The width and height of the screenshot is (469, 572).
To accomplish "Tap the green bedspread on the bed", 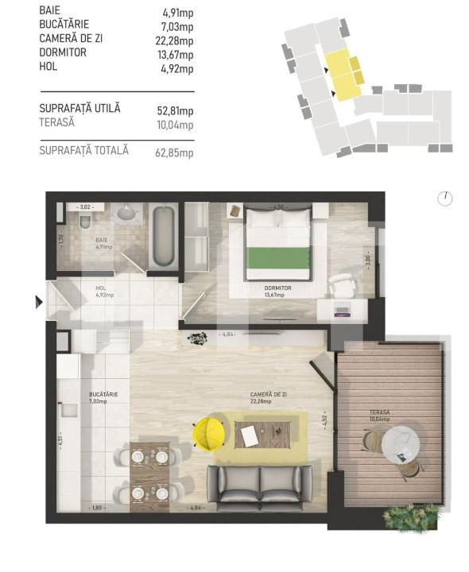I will [x=277, y=258].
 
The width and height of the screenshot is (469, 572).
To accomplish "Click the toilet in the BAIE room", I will [x=86, y=218].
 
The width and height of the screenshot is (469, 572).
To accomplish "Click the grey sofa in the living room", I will [x=259, y=484].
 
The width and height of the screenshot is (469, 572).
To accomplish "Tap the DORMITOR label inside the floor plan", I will [x=277, y=288].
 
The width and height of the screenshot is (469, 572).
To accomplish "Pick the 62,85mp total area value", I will [x=175, y=152].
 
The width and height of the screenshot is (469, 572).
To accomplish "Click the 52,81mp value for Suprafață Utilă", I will [x=175, y=110].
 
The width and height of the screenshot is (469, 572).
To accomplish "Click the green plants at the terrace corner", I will [x=410, y=516].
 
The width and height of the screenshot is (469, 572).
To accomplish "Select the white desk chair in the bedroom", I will [x=342, y=284].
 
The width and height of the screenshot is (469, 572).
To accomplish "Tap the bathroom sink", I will [x=126, y=213].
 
